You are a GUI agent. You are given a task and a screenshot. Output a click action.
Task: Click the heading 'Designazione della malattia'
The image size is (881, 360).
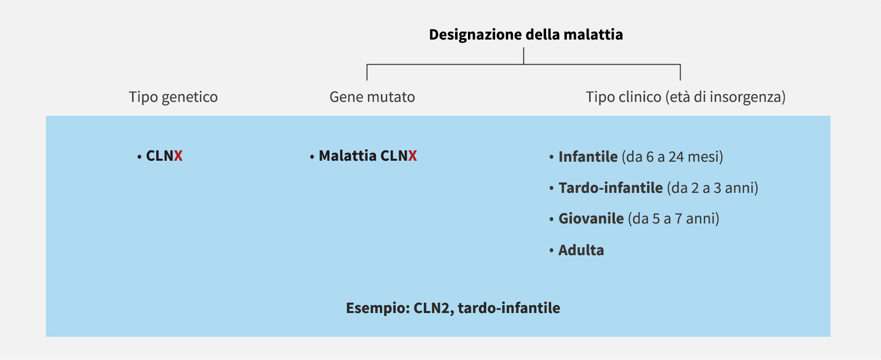526,35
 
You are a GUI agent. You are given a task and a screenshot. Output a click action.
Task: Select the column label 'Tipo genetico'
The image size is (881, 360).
173,97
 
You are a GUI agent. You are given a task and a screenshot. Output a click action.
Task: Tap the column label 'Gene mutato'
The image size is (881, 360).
372,97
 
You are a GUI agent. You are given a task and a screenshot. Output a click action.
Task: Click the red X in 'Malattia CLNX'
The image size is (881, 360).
413,156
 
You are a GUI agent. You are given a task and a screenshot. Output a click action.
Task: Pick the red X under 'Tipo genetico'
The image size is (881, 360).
178,156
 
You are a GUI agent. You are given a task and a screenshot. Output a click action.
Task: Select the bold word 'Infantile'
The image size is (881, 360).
588,157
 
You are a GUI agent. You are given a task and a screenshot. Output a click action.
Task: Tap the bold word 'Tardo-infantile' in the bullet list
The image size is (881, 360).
610,188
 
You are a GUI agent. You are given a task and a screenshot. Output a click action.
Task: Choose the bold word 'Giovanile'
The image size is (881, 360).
591,219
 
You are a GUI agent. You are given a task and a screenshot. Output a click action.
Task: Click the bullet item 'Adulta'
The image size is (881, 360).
581,250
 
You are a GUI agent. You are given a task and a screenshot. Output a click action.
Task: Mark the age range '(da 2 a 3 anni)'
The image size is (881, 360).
713,188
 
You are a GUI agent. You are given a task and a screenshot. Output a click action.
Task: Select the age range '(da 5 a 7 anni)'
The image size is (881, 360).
674,219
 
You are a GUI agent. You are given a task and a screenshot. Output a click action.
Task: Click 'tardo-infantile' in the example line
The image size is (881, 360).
509,308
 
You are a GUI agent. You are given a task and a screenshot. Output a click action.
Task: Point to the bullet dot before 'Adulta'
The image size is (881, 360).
551,251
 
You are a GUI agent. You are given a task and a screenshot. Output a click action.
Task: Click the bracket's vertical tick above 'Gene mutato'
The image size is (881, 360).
367,72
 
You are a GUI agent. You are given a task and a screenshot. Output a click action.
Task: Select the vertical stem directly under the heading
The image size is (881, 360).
524,56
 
